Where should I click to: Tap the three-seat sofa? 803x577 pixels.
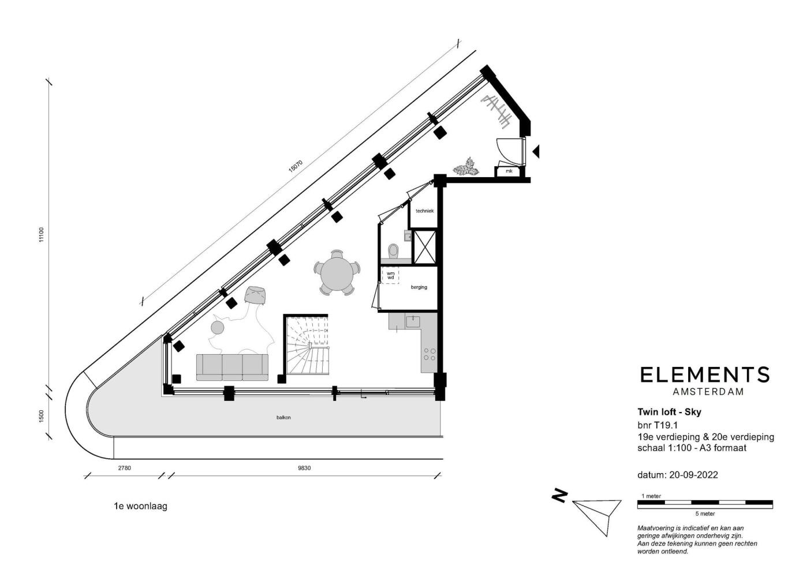click(232, 368)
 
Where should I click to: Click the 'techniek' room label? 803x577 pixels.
click(424, 211)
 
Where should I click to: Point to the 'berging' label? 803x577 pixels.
click(419, 287)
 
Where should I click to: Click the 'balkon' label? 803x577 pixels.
click(283, 418)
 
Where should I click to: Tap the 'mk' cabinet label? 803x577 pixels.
click(509, 171)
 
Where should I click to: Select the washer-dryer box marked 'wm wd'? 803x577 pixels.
click(390, 275)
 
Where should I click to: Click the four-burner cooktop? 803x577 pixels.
click(430, 354)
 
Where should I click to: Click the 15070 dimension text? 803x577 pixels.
click(296, 166)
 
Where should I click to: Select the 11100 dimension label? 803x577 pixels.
click(41, 235)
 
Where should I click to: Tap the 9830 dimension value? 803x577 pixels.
click(304, 468)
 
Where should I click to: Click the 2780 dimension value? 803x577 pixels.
click(124, 468)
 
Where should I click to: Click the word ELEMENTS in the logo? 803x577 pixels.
click(705, 374)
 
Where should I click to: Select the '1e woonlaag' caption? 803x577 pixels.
click(140, 506)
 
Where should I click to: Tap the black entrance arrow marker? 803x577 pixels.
click(536, 152)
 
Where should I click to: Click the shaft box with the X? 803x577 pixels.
click(425, 247)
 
